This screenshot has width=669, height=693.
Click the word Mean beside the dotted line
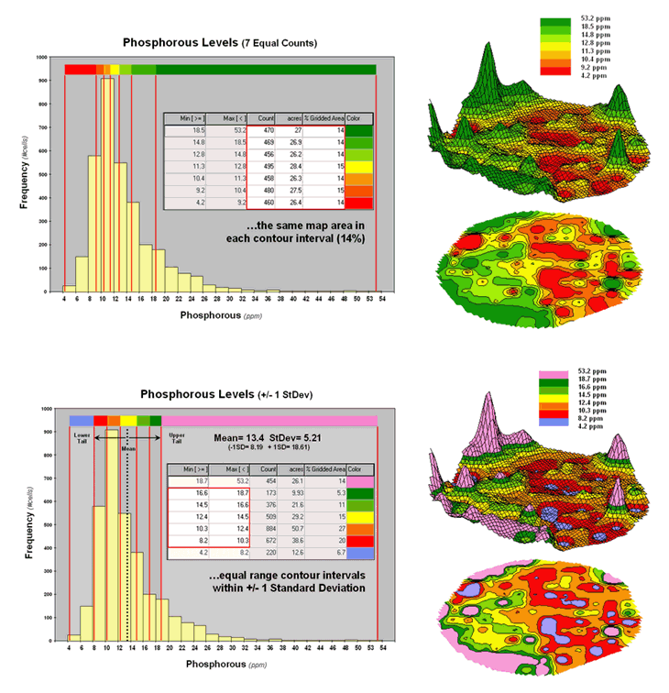127,450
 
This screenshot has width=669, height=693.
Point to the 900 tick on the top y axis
42,80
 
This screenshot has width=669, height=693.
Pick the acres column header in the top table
293,119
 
